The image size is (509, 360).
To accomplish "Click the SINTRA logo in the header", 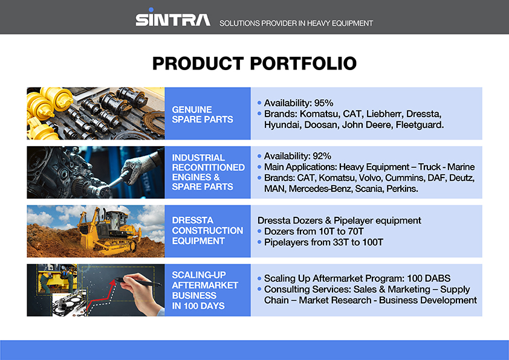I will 172,19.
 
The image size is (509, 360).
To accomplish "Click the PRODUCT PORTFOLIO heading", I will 254,63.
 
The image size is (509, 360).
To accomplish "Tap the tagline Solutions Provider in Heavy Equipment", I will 296,24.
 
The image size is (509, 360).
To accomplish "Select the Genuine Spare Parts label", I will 202,114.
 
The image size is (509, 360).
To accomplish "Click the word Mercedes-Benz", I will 319,189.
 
